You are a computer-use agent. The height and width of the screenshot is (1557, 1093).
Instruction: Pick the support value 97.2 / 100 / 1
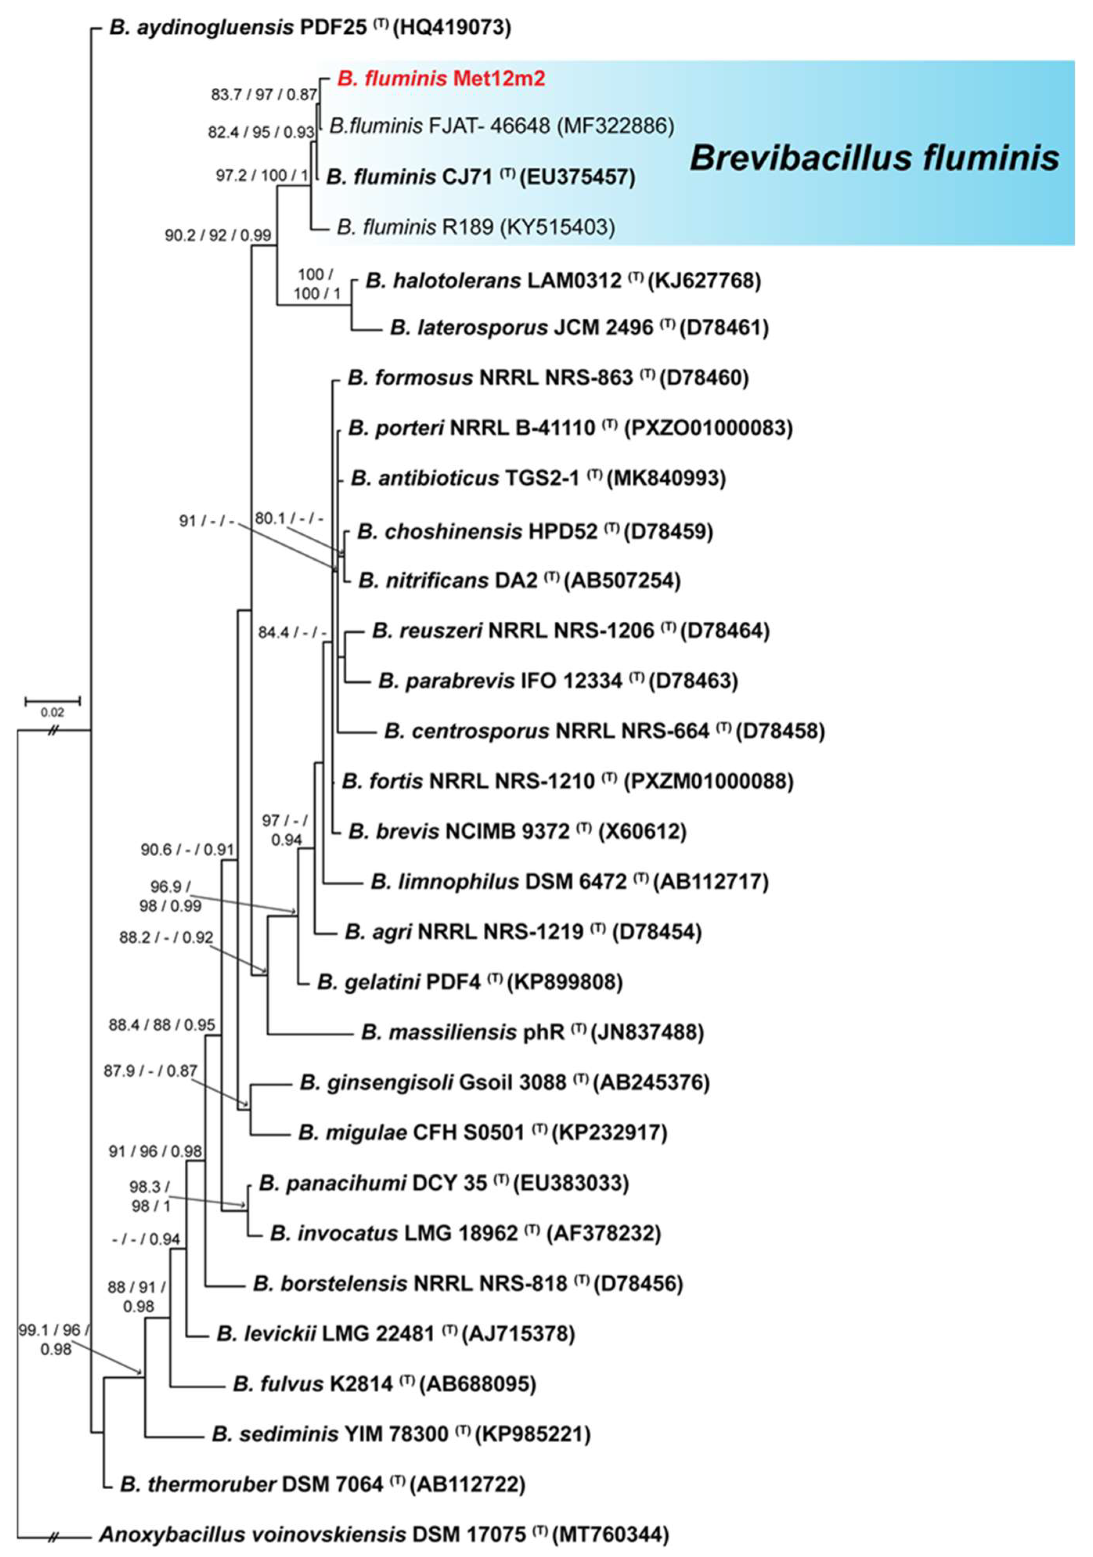(262, 176)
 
